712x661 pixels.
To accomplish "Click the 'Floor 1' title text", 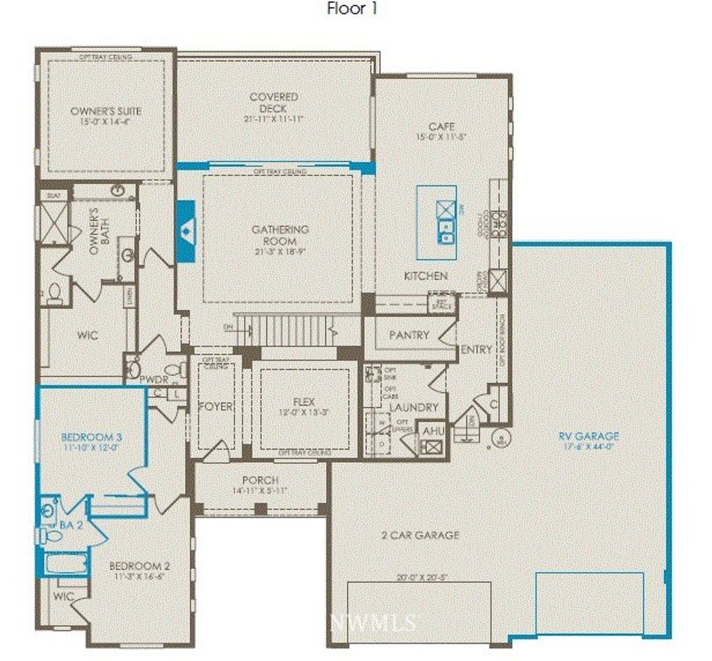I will [x=353, y=10].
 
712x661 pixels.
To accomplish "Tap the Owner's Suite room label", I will [x=106, y=111].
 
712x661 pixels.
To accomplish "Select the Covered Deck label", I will [x=274, y=103].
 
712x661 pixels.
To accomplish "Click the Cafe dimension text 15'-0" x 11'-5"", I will [x=442, y=137].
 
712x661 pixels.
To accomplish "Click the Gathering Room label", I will [x=280, y=235].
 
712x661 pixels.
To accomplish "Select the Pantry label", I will [x=409, y=335].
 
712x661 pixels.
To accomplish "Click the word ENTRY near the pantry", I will [x=476, y=350].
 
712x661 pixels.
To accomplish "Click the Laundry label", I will [x=414, y=407].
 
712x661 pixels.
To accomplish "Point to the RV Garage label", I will [x=588, y=436].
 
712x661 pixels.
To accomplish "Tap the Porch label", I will [x=260, y=480].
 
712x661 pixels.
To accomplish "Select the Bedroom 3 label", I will [x=92, y=437].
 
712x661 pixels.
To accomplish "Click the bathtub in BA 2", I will [x=63, y=562].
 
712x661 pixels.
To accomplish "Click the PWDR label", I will [x=154, y=380].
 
